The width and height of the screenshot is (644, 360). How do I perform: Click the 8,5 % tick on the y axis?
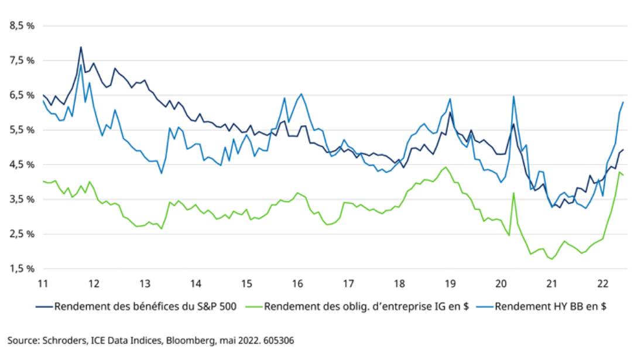coord(22,26)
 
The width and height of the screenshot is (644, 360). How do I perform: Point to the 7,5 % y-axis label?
coord(22,61)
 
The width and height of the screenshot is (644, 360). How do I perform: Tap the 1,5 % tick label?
coord(22,269)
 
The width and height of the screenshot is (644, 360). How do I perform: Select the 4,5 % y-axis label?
coord(22,164)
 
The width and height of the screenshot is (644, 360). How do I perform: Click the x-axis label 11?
coord(43,284)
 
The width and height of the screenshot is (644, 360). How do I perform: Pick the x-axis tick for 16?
coord(297,284)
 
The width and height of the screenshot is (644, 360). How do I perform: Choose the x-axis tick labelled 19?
coord(450,284)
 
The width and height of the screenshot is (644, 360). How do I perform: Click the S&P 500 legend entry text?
coord(146,306)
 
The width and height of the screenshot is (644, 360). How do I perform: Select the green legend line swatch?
coord(253,306)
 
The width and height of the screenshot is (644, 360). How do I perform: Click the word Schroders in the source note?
coord(61,339)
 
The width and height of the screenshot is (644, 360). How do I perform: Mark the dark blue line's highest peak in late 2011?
coord(81,47)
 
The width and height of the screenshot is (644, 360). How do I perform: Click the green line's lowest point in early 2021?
coord(551,259)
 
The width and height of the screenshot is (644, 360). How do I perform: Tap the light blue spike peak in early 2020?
coord(513,97)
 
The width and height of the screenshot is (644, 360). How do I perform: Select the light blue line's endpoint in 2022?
coord(623,102)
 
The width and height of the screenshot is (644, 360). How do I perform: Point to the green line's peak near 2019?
coord(446,167)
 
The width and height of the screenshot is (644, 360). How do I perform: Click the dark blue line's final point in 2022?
coord(623,150)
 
